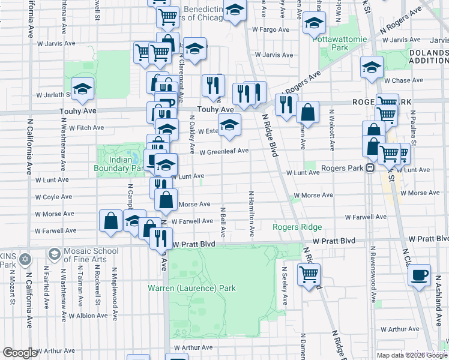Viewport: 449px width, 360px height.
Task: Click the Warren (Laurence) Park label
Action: pyautogui.click(x=192, y=288)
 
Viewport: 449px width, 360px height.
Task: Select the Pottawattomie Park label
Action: pyautogui.click(x=331, y=43)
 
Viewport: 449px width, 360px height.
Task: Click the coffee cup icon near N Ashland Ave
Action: pyautogui.click(x=419, y=275)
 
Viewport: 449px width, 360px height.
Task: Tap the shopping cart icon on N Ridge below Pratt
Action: pyautogui.click(x=309, y=275)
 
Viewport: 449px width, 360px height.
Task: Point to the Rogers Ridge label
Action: pyautogui.click(x=297, y=227)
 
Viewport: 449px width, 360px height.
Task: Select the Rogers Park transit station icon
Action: pyautogui.click(x=370, y=169)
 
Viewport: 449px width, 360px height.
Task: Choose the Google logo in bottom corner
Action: pyautogui.click(x=20, y=353)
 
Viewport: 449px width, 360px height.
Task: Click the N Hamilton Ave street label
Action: pyautogui.click(x=252, y=213)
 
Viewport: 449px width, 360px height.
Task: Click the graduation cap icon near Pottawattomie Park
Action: pyautogui.click(x=313, y=23)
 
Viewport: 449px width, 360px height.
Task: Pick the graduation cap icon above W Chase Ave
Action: pyautogui.click(x=372, y=67)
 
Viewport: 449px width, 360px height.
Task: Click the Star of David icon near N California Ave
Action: pyautogui.click(x=25, y=260)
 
